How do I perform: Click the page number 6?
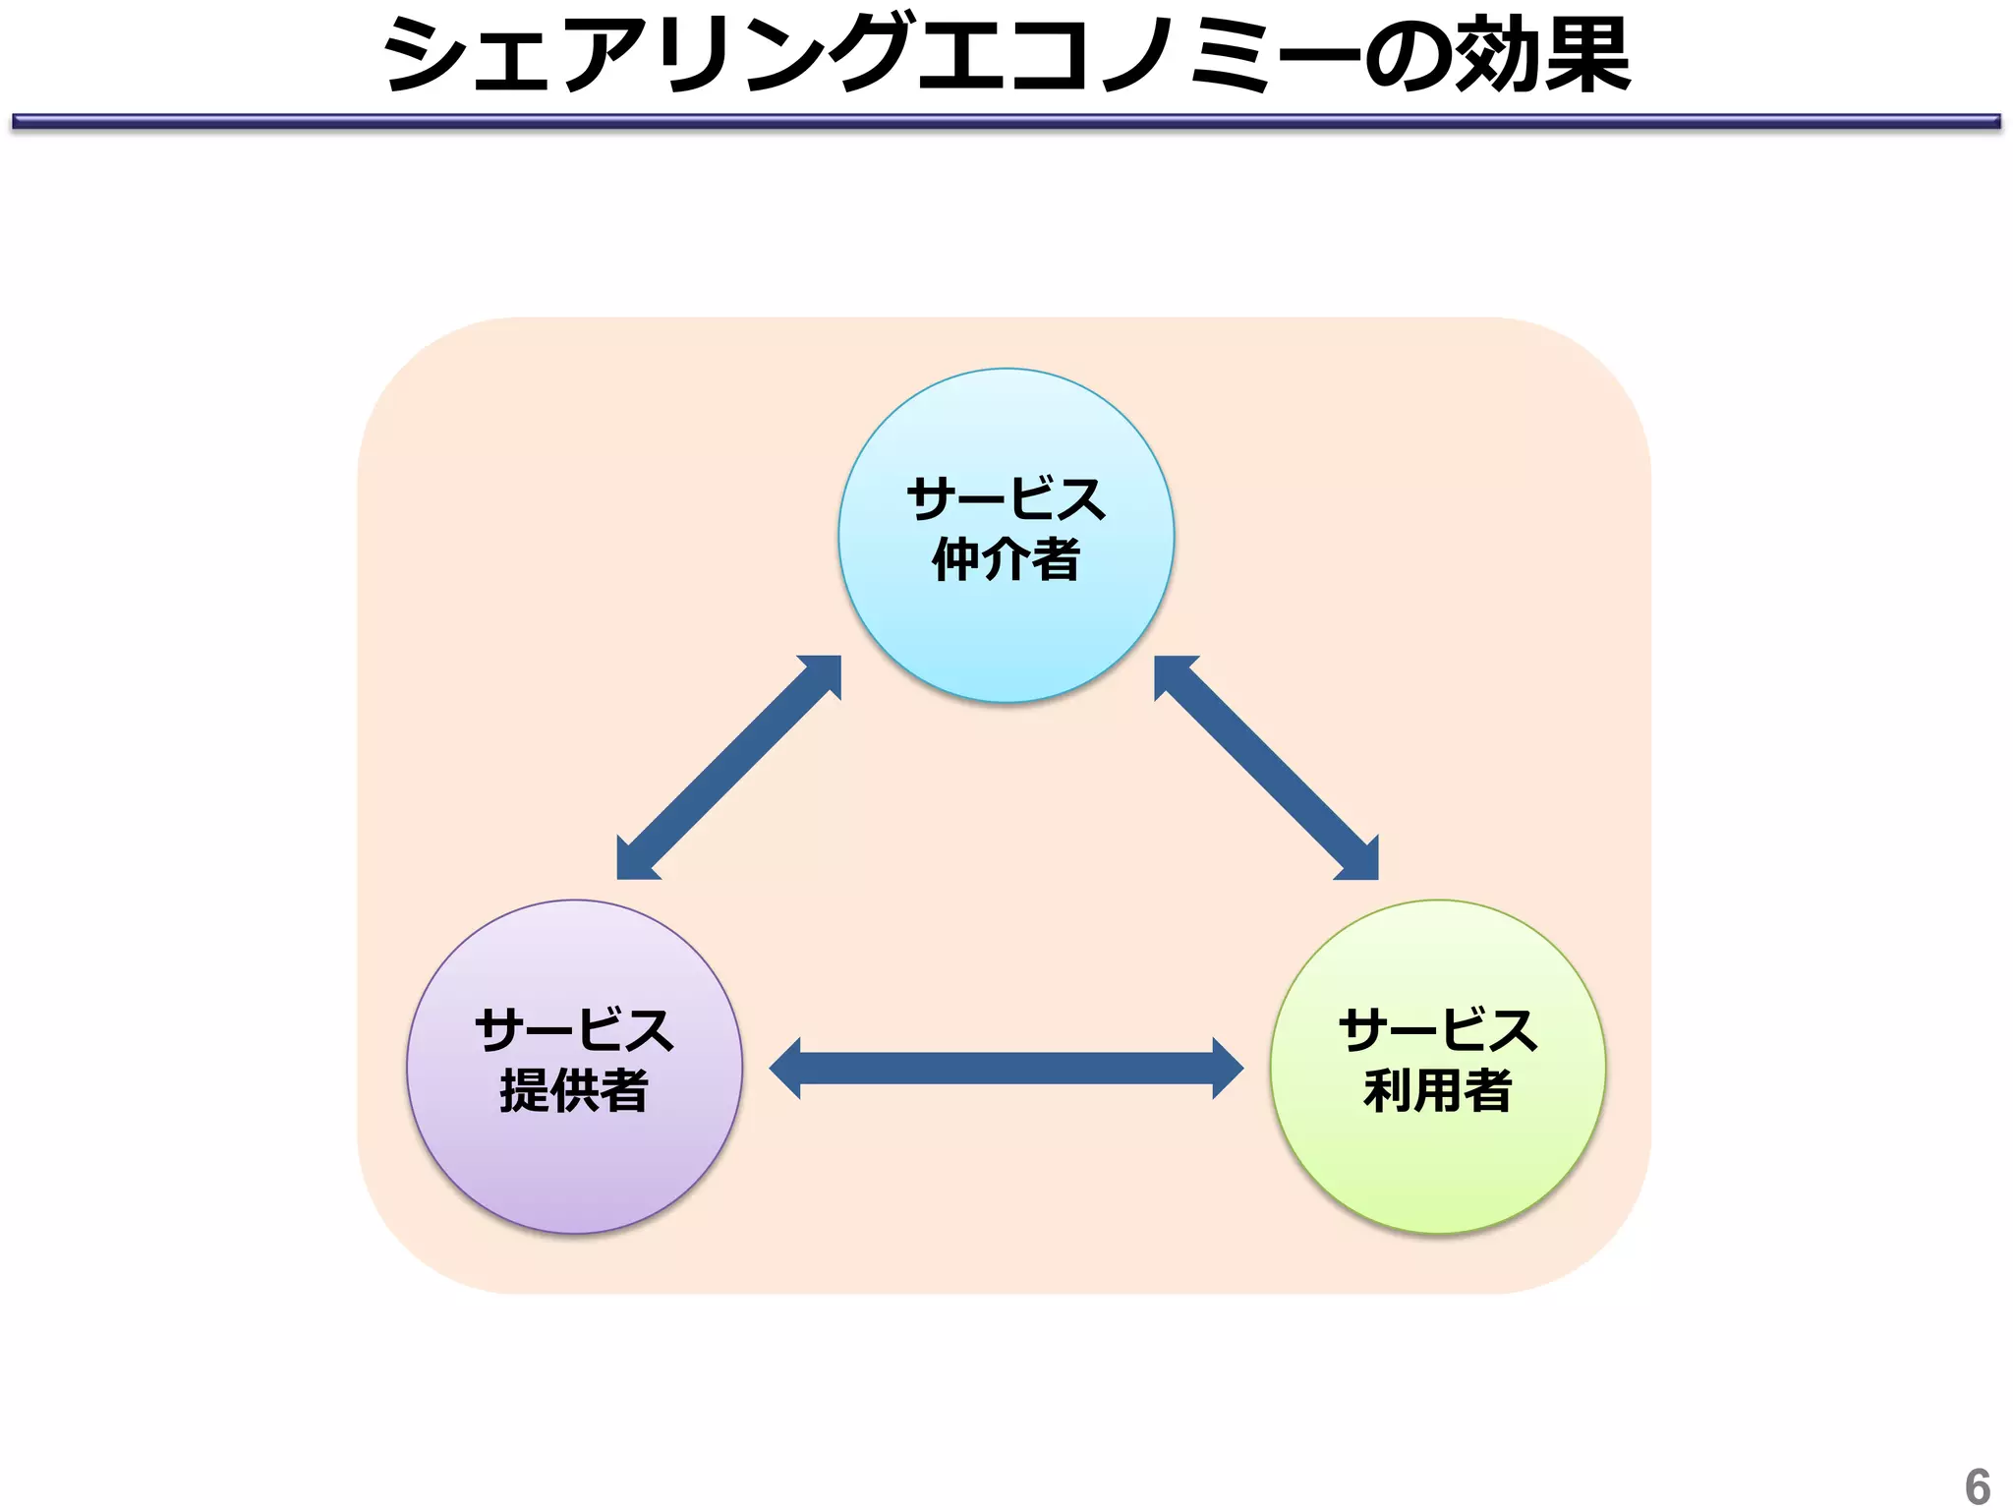tap(1977, 1485)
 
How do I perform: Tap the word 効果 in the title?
tap(1541, 55)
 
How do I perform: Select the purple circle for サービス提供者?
tap(574, 1170)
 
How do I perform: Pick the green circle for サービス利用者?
tap(1437, 1170)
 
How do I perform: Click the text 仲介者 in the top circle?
tap(1006, 560)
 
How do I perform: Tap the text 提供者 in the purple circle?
tap(574, 1090)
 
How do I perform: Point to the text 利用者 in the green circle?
tap(1437, 1090)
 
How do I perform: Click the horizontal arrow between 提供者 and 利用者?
tap(1006, 1068)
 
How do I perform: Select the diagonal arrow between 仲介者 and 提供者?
tap(728, 768)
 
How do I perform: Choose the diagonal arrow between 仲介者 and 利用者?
tap(1266, 768)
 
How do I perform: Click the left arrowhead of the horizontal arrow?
tap(787, 1068)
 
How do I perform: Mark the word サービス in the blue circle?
tap(1006, 499)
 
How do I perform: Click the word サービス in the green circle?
tap(1437, 1030)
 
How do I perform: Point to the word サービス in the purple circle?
tap(574, 1030)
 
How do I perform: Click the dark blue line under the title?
tap(1006, 122)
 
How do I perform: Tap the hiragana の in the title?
tap(1406, 57)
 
